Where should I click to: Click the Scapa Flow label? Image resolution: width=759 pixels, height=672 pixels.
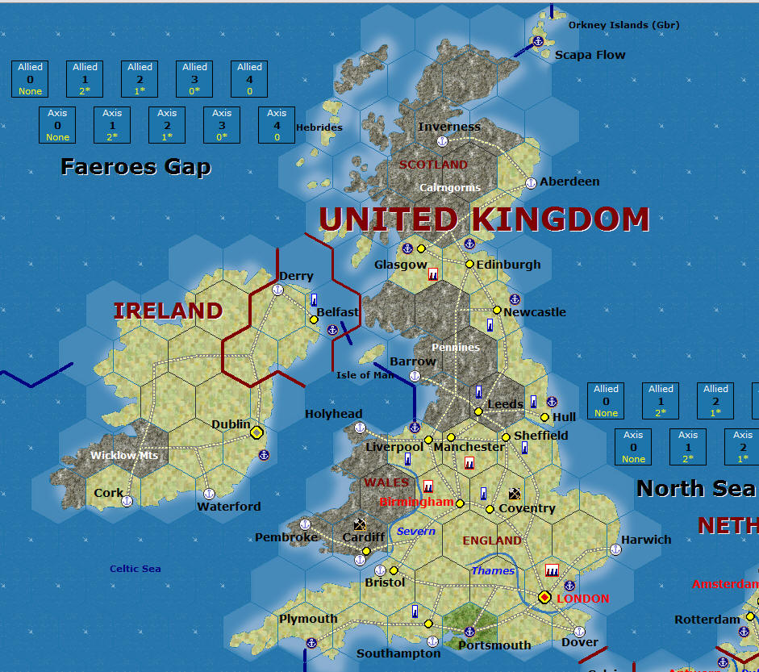(x=590, y=55)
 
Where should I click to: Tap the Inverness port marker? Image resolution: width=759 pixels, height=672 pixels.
(x=442, y=141)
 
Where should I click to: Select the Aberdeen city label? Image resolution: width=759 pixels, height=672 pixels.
(x=569, y=182)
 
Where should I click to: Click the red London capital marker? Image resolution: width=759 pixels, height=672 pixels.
(x=544, y=598)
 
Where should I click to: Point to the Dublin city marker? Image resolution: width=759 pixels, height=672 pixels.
(x=256, y=432)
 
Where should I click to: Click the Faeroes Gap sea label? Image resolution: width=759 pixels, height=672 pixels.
(x=136, y=167)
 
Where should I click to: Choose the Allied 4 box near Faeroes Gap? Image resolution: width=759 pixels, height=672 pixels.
(x=249, y=79)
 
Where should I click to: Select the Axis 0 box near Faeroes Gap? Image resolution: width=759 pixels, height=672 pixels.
(x=57, y=125)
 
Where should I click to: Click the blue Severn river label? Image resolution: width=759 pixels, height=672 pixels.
(x=416, y=531)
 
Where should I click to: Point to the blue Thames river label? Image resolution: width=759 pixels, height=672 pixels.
(x=493, y=570)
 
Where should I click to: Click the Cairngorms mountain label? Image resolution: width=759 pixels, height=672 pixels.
(x=450, y=188)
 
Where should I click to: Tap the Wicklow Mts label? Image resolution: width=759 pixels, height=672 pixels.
(x=124, y=456)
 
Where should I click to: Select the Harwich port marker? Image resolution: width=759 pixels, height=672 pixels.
(x=615, y=549)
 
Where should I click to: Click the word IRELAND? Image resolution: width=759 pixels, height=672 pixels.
(x=168, y=311)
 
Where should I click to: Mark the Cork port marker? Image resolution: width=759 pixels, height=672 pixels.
(x=127, y=501)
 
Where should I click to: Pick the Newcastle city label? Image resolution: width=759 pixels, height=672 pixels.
(x=535, y=312)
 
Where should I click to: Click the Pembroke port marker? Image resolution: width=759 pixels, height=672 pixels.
(x=306, y=524)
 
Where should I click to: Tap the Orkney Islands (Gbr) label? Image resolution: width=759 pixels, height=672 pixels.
(x=623, y=25)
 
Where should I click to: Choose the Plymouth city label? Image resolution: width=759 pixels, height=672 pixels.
(x=308, y=619)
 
